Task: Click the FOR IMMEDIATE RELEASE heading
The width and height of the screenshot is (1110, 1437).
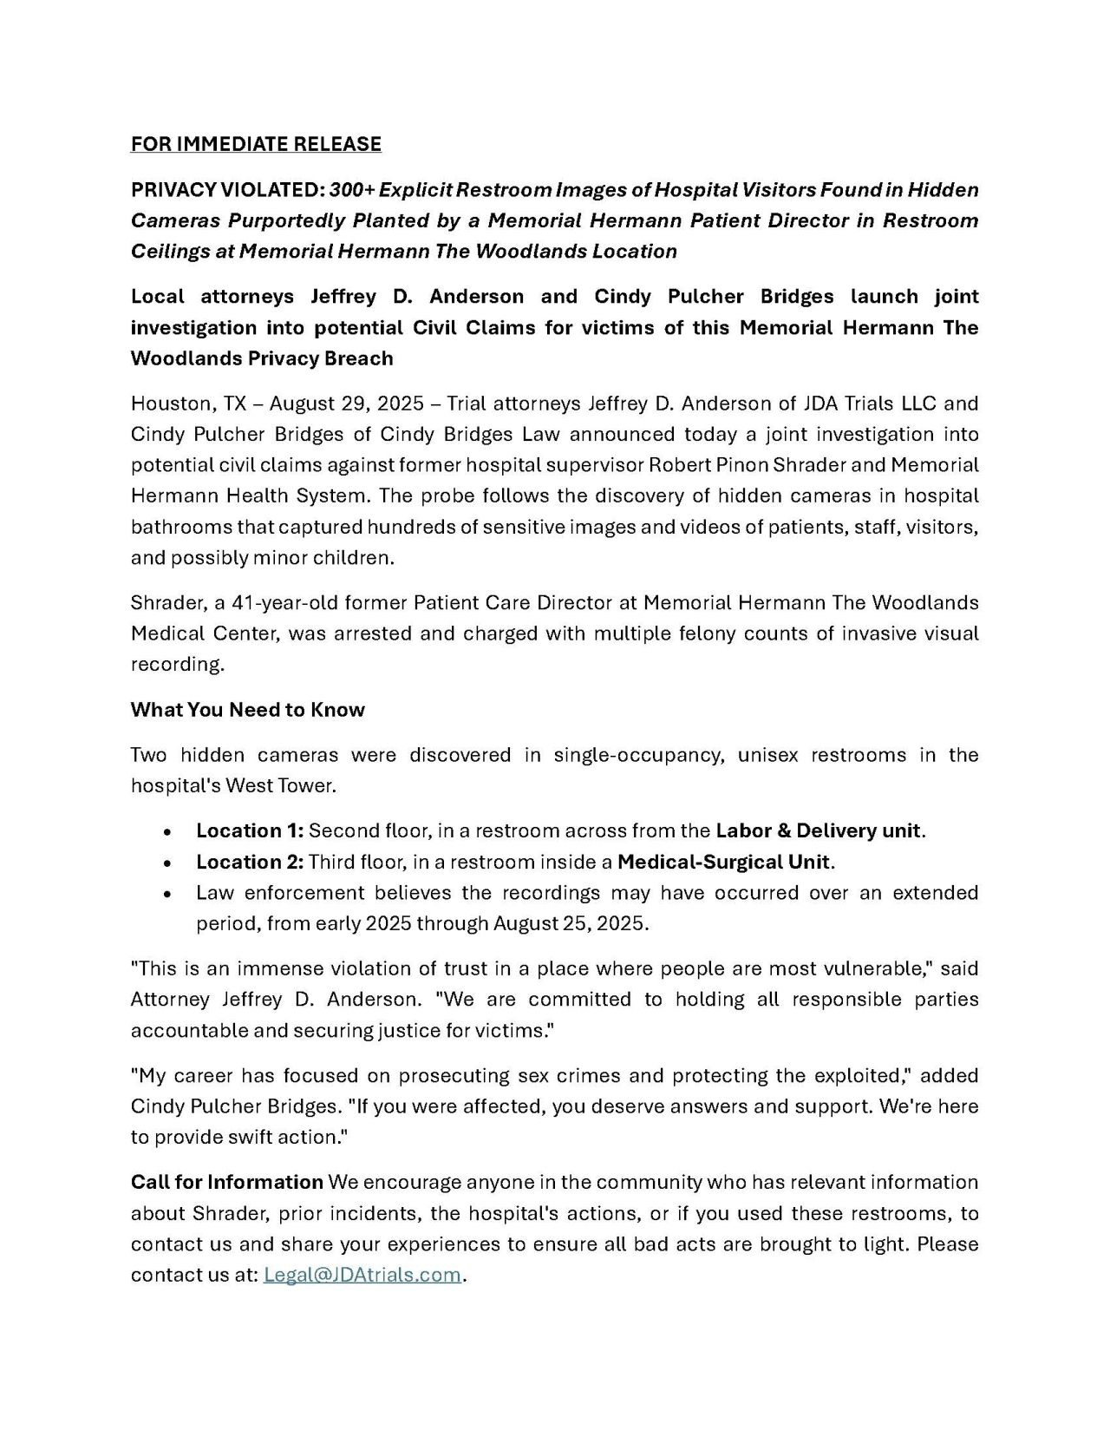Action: point(256,144)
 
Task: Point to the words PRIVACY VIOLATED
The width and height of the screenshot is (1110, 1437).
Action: point(227,189)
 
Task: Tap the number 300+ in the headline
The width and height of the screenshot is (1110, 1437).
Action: point(351,189)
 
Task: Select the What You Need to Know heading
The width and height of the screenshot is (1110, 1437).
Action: point(248,710)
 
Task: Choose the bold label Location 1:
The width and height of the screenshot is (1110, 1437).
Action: point(250,831)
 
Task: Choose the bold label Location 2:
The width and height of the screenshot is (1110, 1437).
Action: point(250,863)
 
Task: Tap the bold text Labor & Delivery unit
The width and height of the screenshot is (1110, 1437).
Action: point(818,831)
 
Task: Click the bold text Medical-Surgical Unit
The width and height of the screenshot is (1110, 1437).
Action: point(724,863)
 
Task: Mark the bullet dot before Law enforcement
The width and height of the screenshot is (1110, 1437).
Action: point(166,894)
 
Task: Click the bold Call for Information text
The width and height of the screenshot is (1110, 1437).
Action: point(227,1182)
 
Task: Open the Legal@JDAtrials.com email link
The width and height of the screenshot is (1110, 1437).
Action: point(362,1276)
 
